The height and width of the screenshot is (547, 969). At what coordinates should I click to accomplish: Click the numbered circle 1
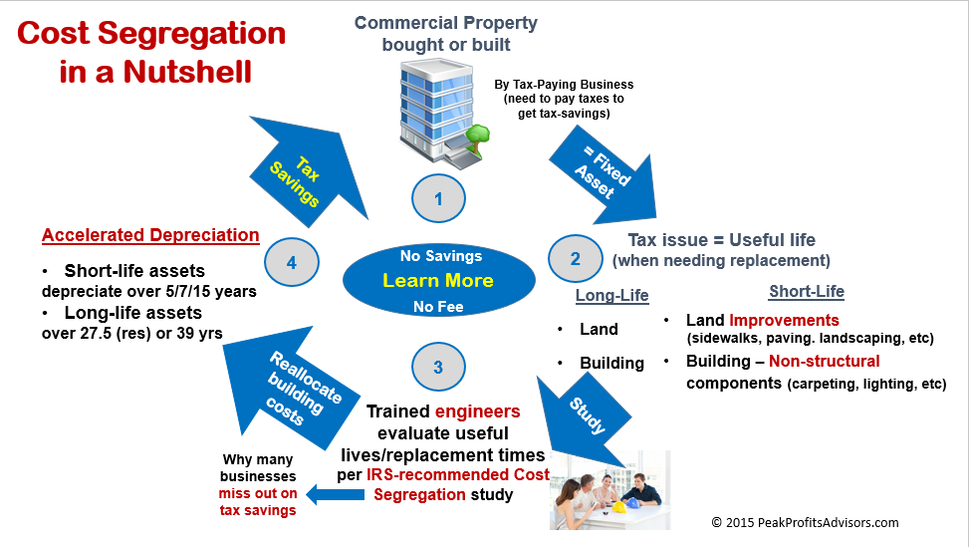pyautogui.click(x=438, y=198)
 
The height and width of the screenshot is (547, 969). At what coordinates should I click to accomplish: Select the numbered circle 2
pyautogui.click(x=575, y=258)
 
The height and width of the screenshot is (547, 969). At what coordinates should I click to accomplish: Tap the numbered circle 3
pyautogui.click(x=438, y=367)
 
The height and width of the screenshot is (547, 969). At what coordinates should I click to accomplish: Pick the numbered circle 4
pyautogui.click(x=292, y=262)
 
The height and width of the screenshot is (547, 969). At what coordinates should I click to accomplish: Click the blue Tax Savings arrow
pyautogui.click(x=306, y=170)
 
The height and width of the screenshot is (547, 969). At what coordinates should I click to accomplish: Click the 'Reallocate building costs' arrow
pyautogui.click(x=291, y=387)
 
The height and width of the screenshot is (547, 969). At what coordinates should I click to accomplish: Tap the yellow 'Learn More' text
pyautogui.click(x=438, y=281)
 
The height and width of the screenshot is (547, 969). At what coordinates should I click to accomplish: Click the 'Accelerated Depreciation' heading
pyautogui.click(x=150, y=235)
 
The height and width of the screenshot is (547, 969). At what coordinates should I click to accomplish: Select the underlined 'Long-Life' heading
pyautogui.click(x=611, y=296)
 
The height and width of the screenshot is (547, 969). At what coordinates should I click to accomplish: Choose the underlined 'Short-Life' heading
pyautogui.click(x=807, y=291)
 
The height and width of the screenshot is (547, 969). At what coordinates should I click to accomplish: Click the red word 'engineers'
pyautogui.click(x=478, y=411)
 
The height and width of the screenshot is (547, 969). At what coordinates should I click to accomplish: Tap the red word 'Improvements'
pyautogui.click(x=784, y=320)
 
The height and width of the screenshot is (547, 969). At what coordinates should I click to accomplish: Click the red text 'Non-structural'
pyautogui.click(x=825, y=361)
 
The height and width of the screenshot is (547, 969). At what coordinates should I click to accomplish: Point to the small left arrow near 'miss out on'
pyautogui.click(x=335, y=494)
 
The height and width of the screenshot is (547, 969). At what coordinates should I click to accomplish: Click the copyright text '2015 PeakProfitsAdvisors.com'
pyautogui.click(x=812, y=523)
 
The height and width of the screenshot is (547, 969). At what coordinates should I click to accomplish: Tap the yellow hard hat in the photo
pyautogui.click(x=618, y=507)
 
